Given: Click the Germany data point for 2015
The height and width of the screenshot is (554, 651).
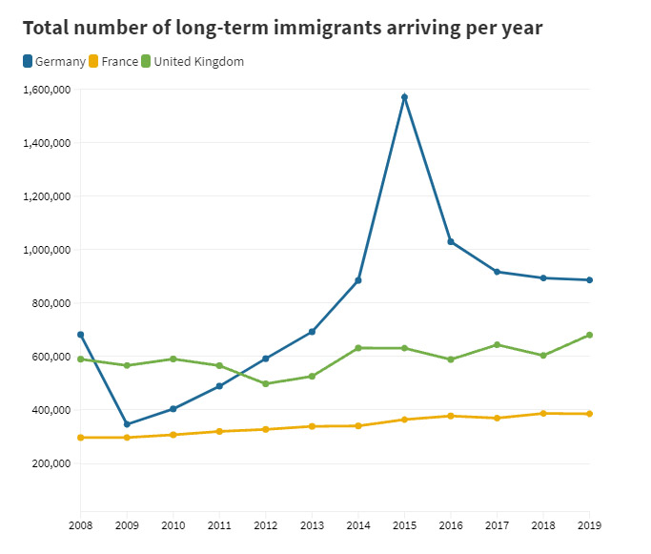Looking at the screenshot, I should (x=404, y=97).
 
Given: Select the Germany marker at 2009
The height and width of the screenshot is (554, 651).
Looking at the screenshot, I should (x=127, y=424).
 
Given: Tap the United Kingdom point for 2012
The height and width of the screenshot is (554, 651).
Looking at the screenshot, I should (x=266, y=384).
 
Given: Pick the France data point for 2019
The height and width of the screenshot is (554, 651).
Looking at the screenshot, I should (x=590, y=414).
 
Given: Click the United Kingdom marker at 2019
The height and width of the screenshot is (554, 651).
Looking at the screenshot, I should (x=590, y=335).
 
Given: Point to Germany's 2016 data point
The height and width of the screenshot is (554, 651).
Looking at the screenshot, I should (x=451, y=242).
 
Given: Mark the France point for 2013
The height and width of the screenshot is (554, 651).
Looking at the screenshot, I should (x=312, y=426).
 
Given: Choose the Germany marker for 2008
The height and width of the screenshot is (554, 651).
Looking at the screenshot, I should (x=80, y=335).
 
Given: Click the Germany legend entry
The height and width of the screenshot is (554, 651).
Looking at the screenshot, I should (x=53, y=62).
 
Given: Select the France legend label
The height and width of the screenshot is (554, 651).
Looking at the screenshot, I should (x=118, y=62).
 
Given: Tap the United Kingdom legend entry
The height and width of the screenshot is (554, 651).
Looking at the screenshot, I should (x=198, y=62).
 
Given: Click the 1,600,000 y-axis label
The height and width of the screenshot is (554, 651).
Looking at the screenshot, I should (x=46, y=90).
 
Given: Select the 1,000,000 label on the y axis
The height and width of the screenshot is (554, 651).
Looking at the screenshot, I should (x=46, y=250).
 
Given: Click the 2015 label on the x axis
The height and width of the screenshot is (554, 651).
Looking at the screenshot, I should (x=404, y=524).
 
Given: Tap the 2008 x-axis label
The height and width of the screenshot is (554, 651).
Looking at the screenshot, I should (x=81, y=524).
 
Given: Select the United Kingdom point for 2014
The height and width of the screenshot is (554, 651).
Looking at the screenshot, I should (x=358, y=348).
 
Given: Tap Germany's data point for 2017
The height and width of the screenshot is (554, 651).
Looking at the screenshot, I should (x=497, y=272).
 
